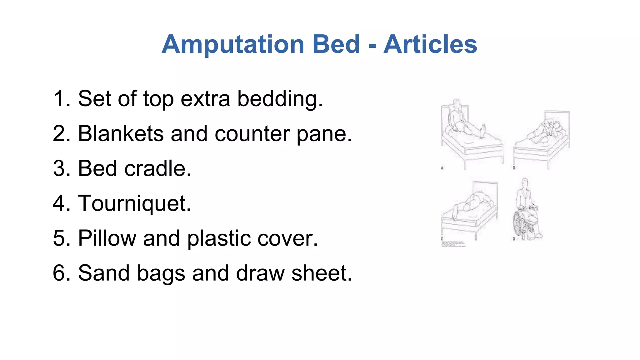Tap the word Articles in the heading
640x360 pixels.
click(x=430, y=44)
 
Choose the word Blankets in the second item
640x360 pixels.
click(x=121, y=134)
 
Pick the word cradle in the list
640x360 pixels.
click(x=157, y=168)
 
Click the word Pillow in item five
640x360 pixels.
click(x=107, y=238)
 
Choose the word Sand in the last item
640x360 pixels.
click(x=103, y=273)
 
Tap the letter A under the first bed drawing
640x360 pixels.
click(x=442, y=168)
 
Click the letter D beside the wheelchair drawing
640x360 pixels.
click(x=514, y=239)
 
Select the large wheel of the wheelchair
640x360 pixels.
click(x=518, y=224)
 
